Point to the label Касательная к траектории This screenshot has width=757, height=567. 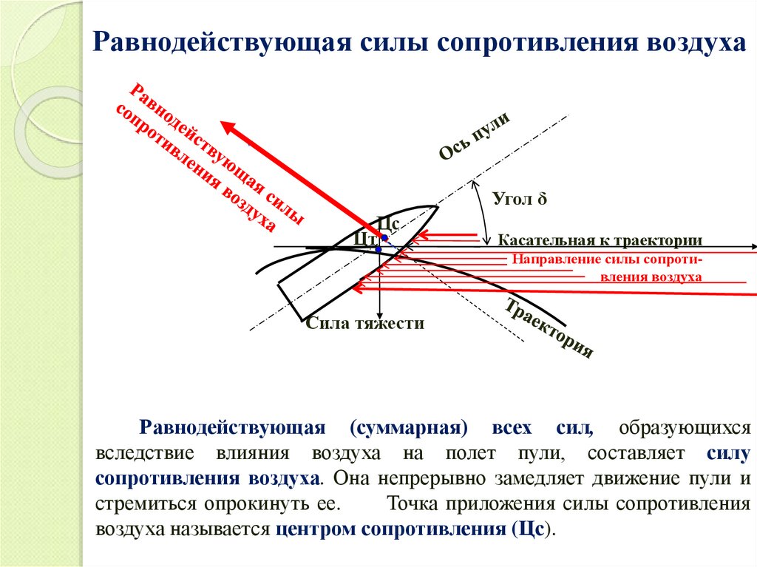[599, 240]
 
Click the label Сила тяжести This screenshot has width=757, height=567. [365, 323]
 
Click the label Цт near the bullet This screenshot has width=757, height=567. [364, 237]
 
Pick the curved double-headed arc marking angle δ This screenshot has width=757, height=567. [483, 214]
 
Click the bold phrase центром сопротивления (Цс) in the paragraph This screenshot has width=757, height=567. [414, 530]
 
